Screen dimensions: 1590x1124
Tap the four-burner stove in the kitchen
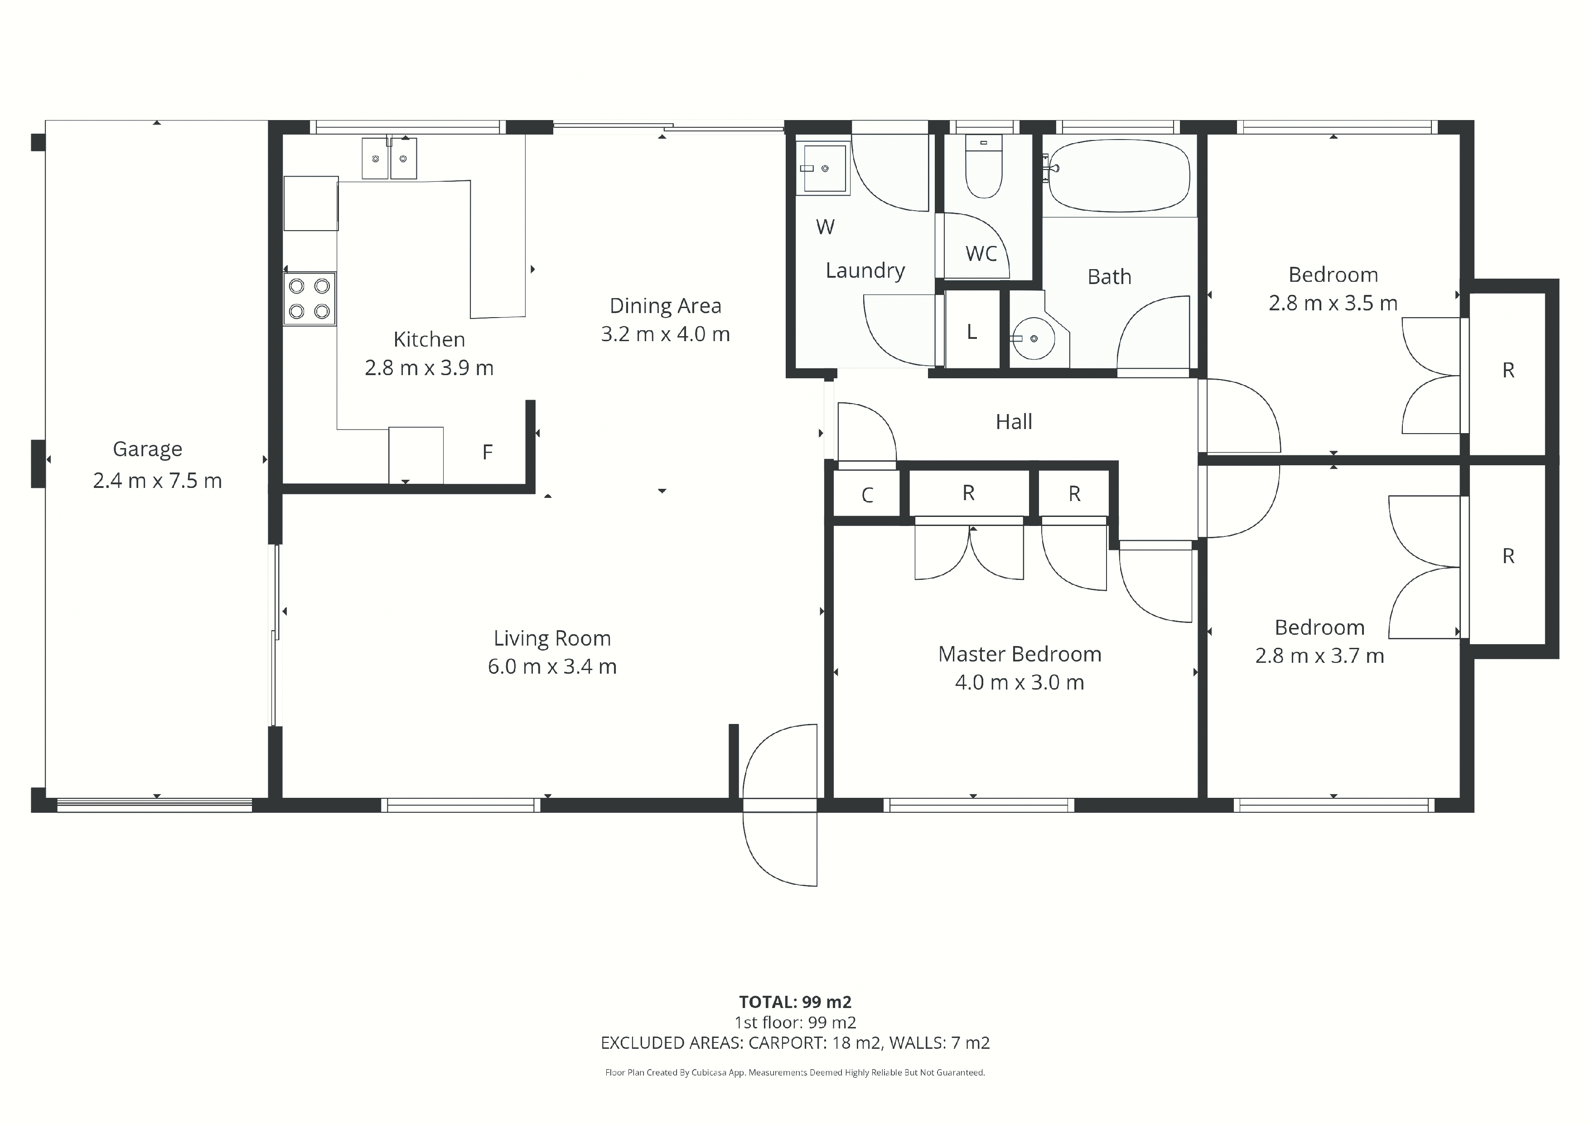[309, 299]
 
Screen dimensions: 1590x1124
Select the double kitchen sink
[389, 158]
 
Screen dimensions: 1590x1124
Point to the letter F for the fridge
[488, 452]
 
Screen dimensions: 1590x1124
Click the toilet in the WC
[983, 166]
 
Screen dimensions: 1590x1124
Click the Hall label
[1014, 422]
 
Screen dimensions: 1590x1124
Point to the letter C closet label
[867, 495]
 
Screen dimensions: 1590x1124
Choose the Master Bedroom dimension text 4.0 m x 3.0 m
[1020, 683]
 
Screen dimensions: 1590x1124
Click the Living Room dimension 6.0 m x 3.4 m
[552, 667]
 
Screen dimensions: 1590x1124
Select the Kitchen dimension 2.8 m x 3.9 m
[430, 368]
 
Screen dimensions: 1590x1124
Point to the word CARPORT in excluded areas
[788, 1043]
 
